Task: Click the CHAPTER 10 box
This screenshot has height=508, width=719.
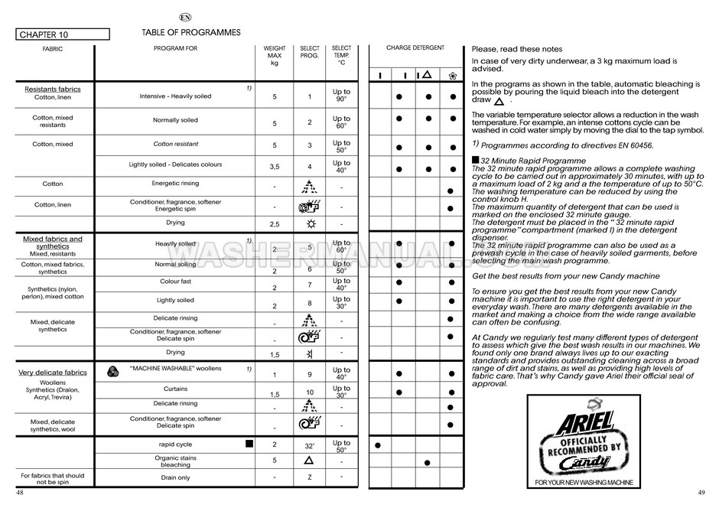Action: pos(62,34)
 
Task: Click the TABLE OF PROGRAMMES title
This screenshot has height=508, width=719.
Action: pos(191,33)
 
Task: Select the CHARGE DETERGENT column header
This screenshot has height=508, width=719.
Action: pos(415,48)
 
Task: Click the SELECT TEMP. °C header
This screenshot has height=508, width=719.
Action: pos(341,55)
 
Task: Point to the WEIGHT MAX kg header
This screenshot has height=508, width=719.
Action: pos(275,55)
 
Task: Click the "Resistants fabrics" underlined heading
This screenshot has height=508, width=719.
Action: pos(53,89)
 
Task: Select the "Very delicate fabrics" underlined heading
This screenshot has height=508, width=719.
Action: pos(53,373)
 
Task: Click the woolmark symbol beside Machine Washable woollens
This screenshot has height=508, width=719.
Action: pos(112,370)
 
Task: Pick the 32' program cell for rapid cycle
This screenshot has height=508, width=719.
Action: pos(309,445)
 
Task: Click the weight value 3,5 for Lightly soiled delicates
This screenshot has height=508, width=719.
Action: pos(275,167)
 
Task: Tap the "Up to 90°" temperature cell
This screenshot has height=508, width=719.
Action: pos(341,96)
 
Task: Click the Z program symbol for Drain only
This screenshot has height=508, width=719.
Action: pos(309,477)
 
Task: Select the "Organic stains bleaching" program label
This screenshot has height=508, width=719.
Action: pos(175,461)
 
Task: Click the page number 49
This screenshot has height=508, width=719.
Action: pos(701,492)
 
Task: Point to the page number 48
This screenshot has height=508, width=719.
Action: pos(20,492)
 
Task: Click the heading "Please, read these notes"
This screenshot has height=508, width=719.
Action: pos(517,48)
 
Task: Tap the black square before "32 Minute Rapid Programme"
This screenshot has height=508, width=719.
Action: pos(475,160)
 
